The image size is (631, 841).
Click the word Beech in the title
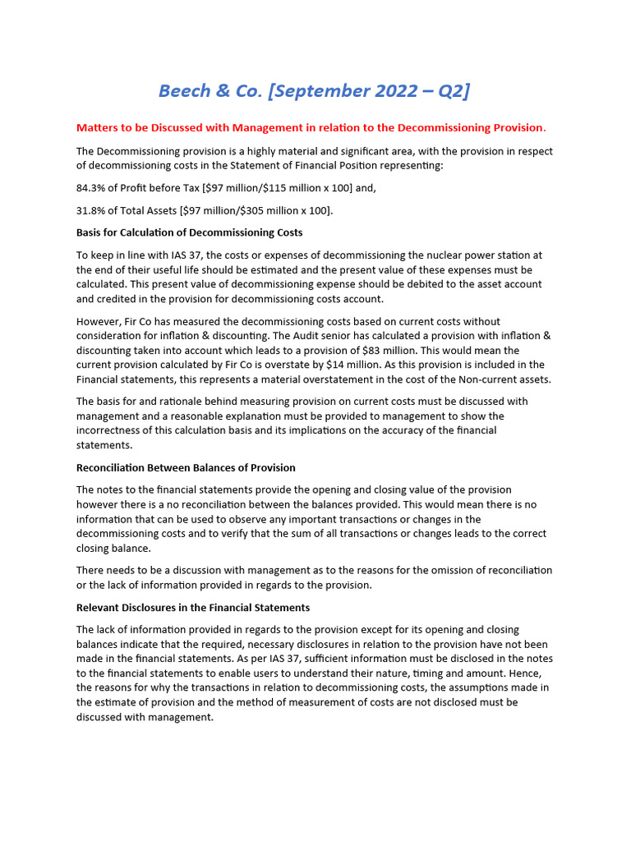click(x=186, y=90)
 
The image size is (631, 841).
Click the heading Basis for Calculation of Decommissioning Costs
click(x=189, y=232)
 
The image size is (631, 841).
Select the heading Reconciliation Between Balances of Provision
click(x=186, y=467)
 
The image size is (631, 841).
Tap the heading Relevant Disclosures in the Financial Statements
click(x=193, y=608)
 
